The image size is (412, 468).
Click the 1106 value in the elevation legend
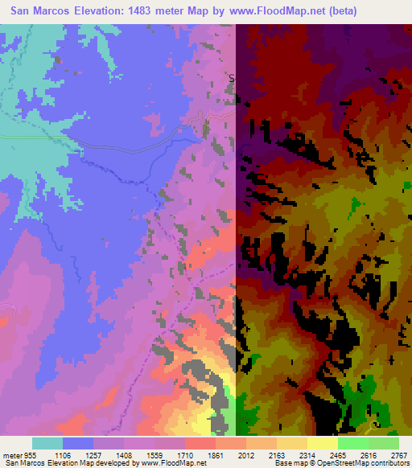[63, 454]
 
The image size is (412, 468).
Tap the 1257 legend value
[93, 454]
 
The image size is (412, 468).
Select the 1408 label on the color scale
[124, 454]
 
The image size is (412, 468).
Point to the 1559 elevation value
[154, 454]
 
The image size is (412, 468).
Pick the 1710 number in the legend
[185, 454]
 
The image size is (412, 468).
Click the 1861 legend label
[216, 454]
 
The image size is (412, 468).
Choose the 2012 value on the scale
[246, 454]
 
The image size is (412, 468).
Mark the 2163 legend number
[277, 454]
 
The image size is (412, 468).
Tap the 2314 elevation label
[307, 454]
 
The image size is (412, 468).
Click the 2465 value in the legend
[338, 454]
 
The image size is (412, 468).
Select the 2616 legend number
[369, 454]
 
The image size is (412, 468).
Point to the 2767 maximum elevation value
[398, 454]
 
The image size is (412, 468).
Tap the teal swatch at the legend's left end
[47, 443]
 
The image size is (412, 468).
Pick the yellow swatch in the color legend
[323, 443]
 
